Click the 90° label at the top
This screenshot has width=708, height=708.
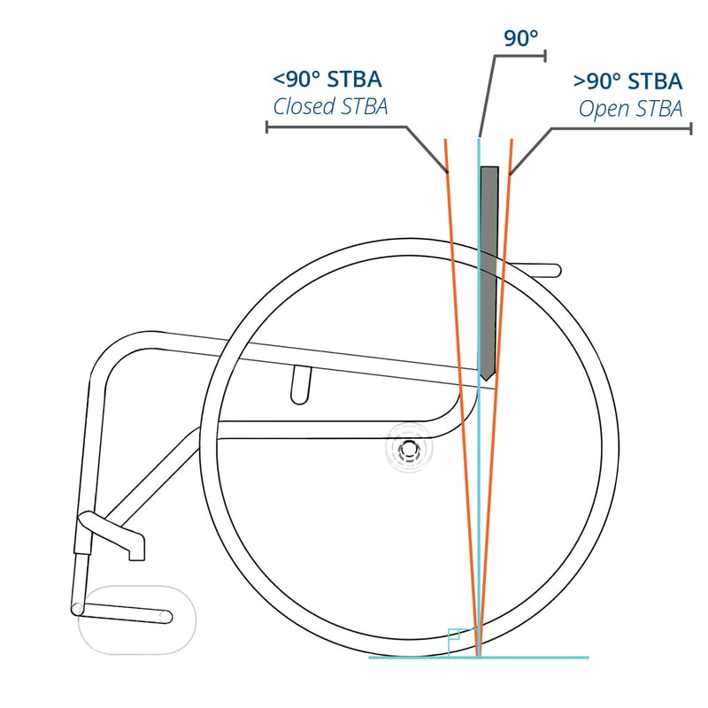click(521, 38)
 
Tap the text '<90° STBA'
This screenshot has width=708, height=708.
click(327, 81)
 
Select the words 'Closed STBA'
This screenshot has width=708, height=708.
click(330, 107)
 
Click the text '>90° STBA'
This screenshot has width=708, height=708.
click(627, 81)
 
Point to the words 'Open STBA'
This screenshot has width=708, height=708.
click(630, 108)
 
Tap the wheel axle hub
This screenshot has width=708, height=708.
click(409, 451)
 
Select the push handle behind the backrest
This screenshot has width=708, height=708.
click(540, 270)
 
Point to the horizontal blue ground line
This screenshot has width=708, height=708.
click(531, 658)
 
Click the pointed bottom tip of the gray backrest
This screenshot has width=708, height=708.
click(486, 379)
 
